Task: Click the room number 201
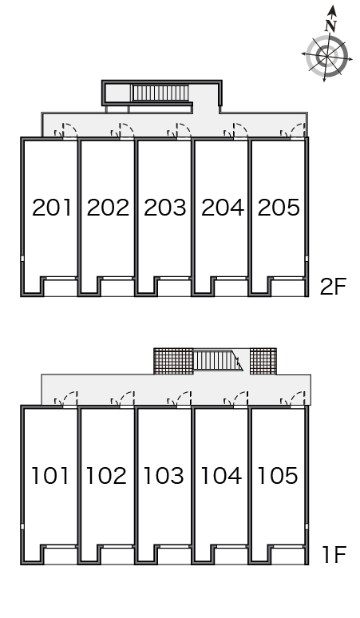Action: click(52, 208)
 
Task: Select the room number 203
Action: click(164, 208)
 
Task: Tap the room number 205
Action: click(279, 208)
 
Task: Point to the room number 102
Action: click(106, 475)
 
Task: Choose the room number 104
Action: click(221, 475)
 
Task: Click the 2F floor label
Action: click(333, 287)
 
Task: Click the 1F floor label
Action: click(334, 555)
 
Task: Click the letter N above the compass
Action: click(331, 26)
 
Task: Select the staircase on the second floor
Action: click(160, 93)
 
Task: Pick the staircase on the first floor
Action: click(217, 361)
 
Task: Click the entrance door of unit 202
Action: click(122, 131)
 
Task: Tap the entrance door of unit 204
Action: click(235, 131)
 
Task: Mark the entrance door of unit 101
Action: click(65, 399)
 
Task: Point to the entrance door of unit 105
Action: click(293, 399)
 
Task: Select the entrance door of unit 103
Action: click(180, 399)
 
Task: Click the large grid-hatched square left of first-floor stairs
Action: click(173, 361)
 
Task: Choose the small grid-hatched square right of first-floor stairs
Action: click(263, 361)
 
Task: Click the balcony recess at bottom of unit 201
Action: click(60, 287)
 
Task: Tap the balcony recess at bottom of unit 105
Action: click(288, 556)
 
